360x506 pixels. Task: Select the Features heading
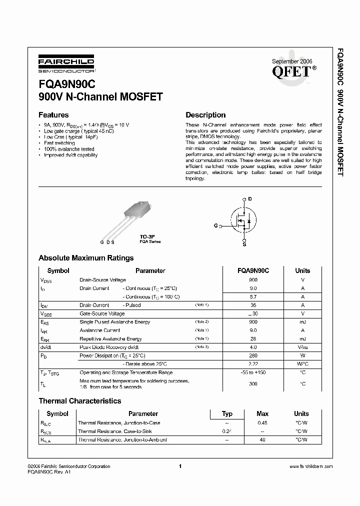53,115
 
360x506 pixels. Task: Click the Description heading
205,115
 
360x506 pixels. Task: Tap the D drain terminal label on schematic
250,199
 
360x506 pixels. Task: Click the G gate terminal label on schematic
215,225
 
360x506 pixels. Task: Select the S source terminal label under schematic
244,244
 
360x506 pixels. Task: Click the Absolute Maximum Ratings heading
86,258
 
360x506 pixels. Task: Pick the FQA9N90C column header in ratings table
253,270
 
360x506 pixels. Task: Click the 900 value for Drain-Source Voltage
253,280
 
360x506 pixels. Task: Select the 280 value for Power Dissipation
253,355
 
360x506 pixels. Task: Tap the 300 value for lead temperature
253,383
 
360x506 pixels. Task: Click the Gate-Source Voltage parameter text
102,313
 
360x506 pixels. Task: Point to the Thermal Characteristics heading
80,401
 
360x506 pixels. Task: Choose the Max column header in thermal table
262,413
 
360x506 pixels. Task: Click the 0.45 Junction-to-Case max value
262,422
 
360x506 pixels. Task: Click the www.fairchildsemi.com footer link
310,466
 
